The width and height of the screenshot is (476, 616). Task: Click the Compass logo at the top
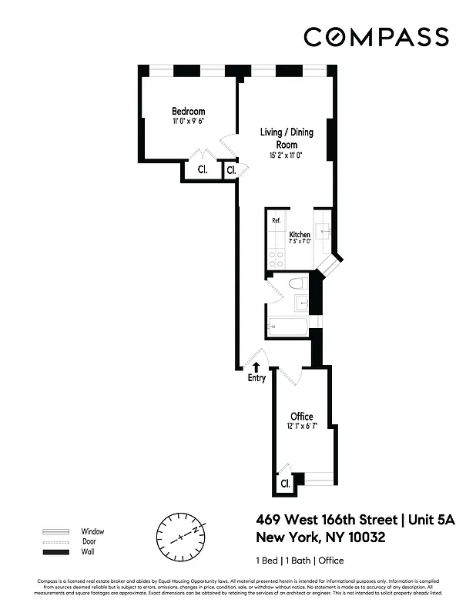point(376,36)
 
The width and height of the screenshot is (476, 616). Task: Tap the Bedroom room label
point(188,112)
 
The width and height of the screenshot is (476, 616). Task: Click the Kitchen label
point(300,235)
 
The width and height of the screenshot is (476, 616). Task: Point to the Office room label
point(301,417)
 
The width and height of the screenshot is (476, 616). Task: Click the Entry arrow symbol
point(256,367)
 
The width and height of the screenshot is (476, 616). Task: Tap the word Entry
point(256,378)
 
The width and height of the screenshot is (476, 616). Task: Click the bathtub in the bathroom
point(287,327)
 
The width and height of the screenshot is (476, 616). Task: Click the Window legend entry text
point(92,531)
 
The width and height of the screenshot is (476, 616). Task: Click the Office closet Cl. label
point(284,484)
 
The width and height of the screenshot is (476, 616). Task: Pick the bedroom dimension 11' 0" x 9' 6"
point(188,122)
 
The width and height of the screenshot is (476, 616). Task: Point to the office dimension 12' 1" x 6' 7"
point(301,426)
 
